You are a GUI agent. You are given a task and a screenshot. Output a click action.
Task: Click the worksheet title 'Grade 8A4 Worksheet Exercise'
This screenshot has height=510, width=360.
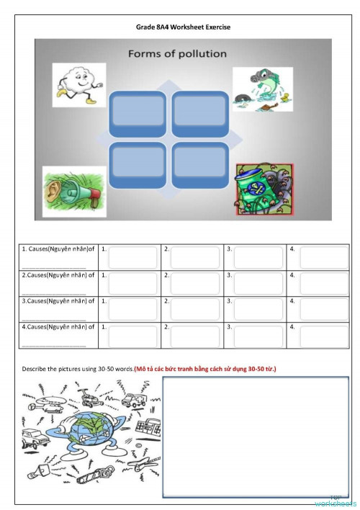click(x=183, y=27)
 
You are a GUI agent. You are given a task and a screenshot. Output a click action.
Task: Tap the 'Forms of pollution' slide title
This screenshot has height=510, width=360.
click(x=177, y=54)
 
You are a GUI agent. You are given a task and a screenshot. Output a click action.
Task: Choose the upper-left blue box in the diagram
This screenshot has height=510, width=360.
click(x=138, y=113)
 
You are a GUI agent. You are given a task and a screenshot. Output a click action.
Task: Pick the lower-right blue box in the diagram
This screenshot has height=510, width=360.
click(x=199, y=166)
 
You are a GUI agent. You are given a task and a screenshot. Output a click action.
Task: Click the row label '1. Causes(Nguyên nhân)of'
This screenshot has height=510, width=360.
click(x=58, y=249)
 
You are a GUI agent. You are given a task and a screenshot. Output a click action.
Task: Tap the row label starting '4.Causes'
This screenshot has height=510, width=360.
click(x=58, y=327)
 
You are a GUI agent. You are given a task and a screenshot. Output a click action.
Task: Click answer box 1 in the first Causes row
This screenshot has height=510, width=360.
click(x=132, y=257)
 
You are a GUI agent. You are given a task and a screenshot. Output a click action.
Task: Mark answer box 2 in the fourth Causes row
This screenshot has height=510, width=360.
click(x=195, y=335)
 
